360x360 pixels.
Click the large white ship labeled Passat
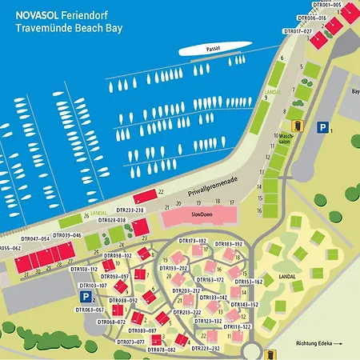[x=210, y=50]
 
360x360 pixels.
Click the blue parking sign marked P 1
[x=322, y=126]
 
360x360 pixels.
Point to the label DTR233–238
[x=130, y=210]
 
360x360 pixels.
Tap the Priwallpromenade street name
[x=196, y=186]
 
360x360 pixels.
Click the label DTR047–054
[x=35, y=238]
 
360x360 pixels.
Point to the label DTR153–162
[x=248, y=282]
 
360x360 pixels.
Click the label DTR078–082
[x=161, y=350]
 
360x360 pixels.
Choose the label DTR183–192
[x=228, y=243]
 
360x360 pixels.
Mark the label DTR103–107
[x=94, y=285]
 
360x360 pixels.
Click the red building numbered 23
[x=141, y=228]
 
